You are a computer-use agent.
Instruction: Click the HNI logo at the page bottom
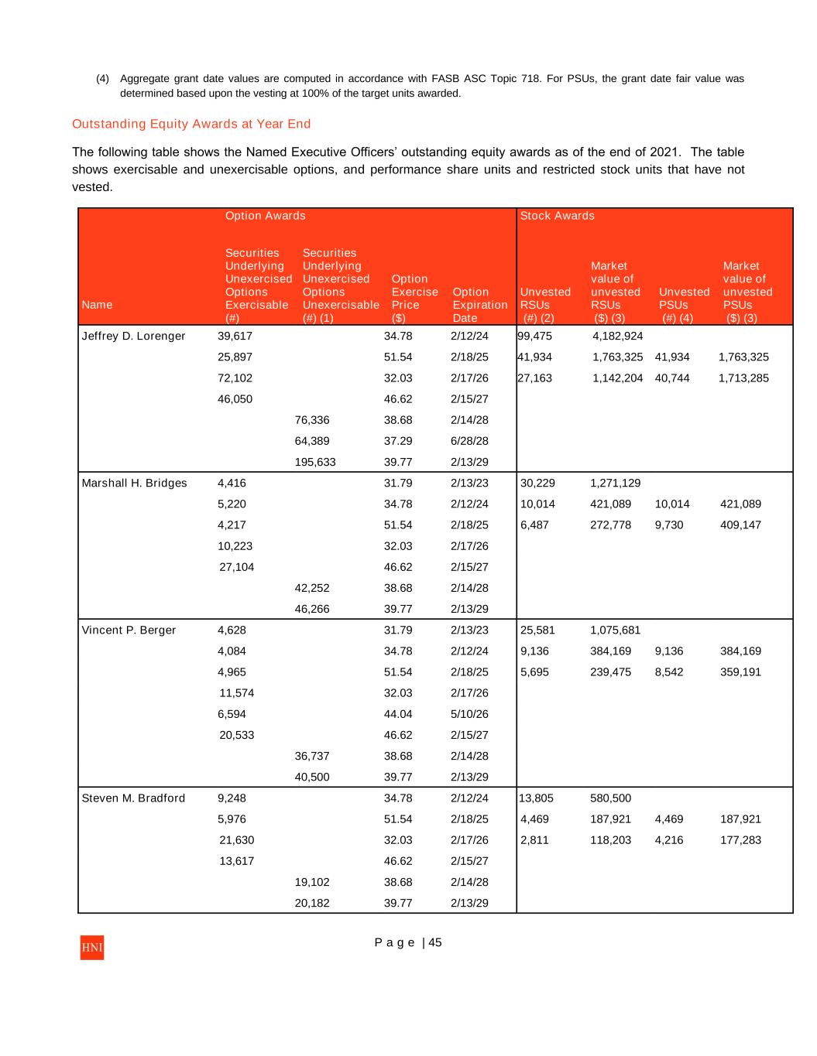click(91, 948)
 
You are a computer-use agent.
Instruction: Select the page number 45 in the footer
click(435, 942)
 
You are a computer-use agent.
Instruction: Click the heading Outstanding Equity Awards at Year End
click(191, 124)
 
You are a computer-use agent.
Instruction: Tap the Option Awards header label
click(265, 216)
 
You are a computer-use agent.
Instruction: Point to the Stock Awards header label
click(557, 216)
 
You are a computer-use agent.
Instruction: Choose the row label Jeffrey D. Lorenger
click(133, 336)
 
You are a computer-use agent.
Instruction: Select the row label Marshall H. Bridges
click(134, 483)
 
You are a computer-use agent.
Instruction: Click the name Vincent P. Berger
click(129, 630)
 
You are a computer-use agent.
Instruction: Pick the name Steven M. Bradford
click(133, 798)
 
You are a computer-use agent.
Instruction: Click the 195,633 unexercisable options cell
click(315, 462)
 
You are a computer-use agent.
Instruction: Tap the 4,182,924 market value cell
click(617, 336)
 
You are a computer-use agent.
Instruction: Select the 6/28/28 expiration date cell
click(469, 441)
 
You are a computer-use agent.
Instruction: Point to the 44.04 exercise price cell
click(398, 714)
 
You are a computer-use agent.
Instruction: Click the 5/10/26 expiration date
click(469, 714)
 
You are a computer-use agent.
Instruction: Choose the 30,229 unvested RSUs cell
click(537, 483)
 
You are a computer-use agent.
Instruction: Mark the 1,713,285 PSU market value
click(743, 378)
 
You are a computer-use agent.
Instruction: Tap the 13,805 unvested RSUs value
click(536, 798)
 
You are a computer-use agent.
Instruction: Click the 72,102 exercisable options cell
click(235, 378)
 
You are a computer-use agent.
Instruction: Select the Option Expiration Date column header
click(479, 305)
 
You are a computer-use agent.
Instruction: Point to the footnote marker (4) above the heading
click(102, 79)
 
